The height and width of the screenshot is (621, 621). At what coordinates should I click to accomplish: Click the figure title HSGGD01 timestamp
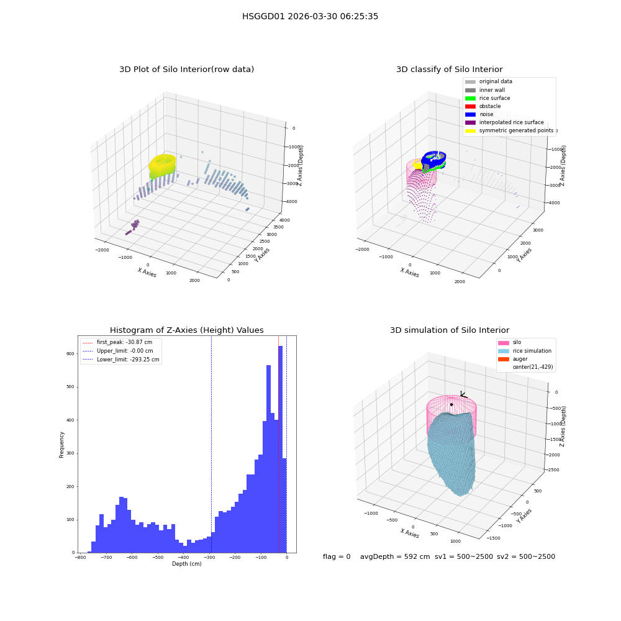(x=310, y=17)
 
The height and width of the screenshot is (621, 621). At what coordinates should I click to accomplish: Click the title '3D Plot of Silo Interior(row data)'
(x=186, y=70)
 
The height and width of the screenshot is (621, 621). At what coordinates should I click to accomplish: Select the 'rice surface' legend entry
(x=487, y=98)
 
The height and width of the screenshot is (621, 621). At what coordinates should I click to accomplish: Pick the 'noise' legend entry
(x=479, y=114)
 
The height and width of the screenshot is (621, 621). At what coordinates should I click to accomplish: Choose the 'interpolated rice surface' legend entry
(x=504, y=122)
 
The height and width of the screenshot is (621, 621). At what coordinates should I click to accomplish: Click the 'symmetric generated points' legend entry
(x=509, y=130)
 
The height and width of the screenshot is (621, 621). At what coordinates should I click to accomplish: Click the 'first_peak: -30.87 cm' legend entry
(x=117, y=342)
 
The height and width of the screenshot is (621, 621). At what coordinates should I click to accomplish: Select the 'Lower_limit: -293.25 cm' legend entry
(x=121, y=360)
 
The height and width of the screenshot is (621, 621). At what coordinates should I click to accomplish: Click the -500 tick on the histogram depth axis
(x=158, y=558)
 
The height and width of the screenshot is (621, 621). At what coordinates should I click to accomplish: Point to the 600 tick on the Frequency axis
(x=70, y=354)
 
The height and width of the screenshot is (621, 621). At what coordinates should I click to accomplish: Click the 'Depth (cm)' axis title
(x=186, y=564)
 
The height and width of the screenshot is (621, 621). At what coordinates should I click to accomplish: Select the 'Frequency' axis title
(x=61, y=445)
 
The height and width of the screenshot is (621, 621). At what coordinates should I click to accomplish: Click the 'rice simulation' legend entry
(x=525, y=351)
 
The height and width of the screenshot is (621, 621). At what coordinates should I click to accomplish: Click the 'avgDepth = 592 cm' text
(x=395, y=557)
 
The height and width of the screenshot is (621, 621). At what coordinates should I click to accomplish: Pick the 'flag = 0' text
(x=337, y=557)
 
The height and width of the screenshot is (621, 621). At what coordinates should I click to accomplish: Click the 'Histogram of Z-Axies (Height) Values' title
(x=186, y=330)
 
